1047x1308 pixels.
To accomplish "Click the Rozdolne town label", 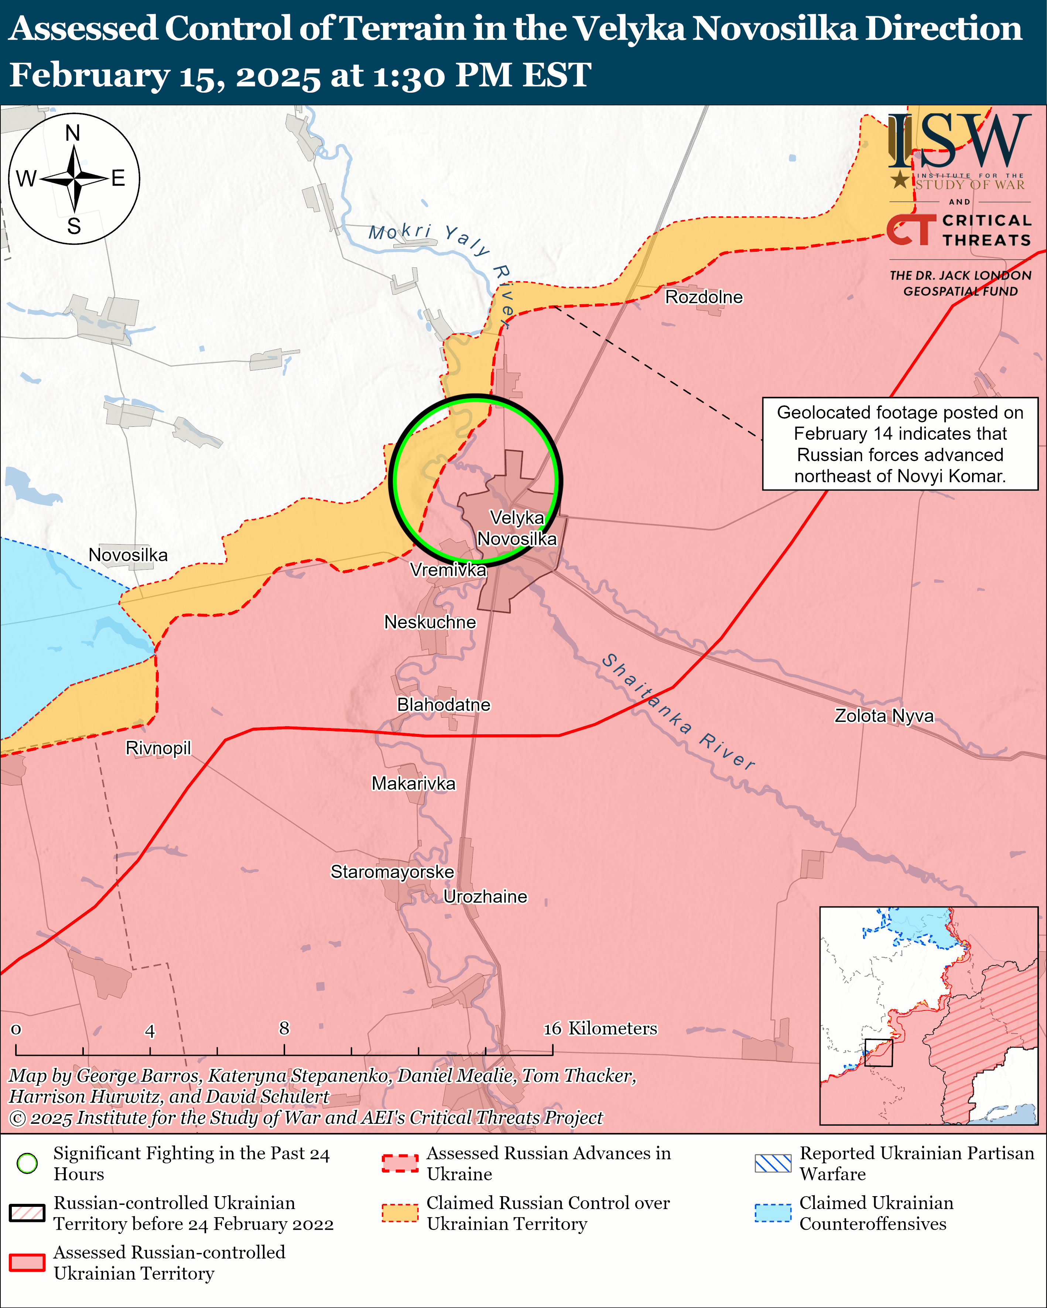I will click(704, 297).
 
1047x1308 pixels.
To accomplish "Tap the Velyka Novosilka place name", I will click(517, 528).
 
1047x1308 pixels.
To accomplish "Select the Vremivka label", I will click(448, 570).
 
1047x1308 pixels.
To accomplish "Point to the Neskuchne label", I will click(430, 622).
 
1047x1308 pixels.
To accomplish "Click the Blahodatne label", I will click(443, 704).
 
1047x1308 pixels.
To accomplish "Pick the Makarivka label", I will click(413, 783).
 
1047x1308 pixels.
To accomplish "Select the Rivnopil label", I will click(158, 748).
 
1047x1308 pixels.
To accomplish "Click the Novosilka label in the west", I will click(128, 555).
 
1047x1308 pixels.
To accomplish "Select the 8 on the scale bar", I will click(284, 1028).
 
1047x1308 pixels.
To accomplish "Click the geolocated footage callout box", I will click(900, 443).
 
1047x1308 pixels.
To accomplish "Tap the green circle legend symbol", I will click(27, 1163).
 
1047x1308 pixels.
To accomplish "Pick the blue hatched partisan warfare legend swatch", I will click(773, 1163).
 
